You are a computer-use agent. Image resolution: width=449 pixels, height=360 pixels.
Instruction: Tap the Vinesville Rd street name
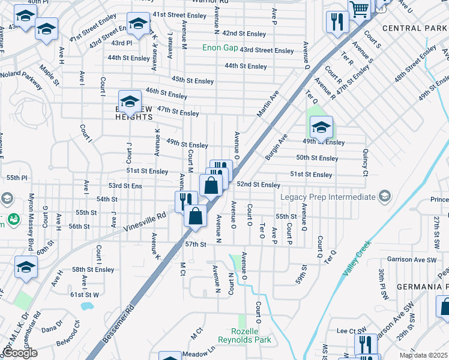(144, 222)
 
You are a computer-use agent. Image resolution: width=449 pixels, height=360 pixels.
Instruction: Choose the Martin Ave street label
(268, 104)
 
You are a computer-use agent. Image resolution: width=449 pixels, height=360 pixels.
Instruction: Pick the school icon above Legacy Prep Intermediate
(321, 127)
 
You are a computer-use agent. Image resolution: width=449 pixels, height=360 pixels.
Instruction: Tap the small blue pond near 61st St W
(86, 307)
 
